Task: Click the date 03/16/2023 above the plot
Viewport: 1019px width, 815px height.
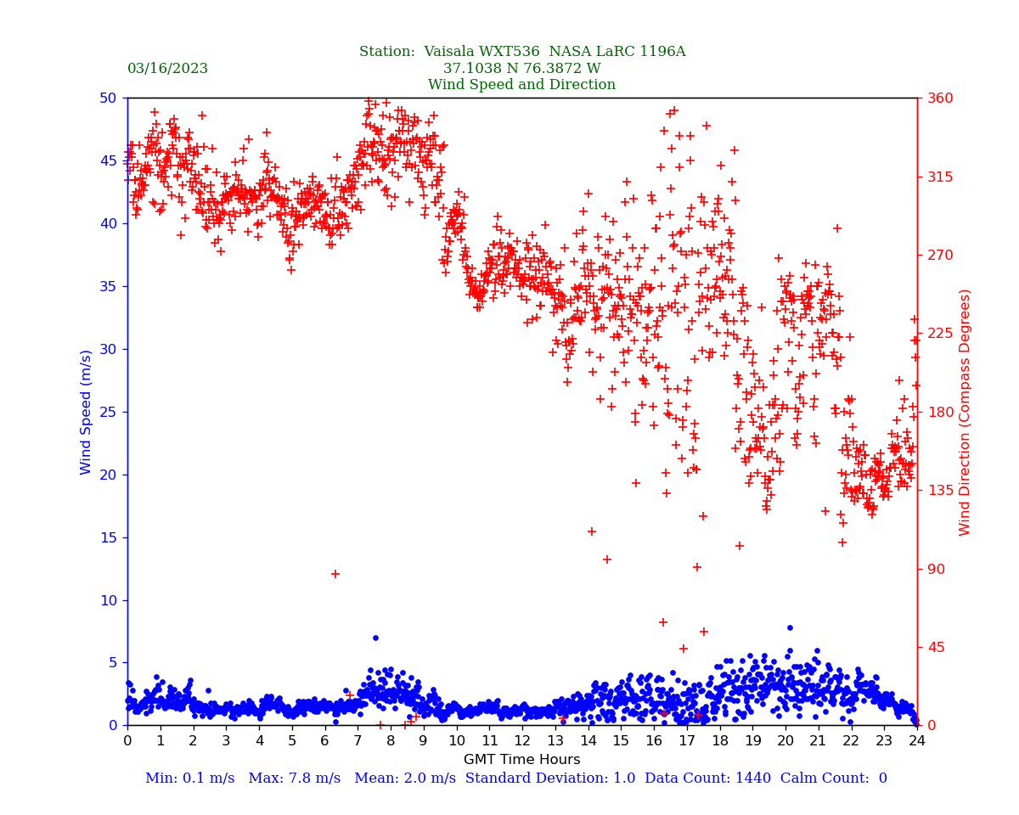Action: pyautogui.click(x=167, y=69)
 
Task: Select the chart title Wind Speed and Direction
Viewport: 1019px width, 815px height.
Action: pyautogui.click(x=521, y=85)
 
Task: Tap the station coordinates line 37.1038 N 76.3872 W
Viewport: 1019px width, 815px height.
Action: pyautogui.click(x=521, y=69)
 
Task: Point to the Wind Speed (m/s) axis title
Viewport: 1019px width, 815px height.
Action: pyautogui.click(x=86, y=412)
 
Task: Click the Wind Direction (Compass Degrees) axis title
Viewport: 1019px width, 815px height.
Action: pyautogui.click(x=965, y=412)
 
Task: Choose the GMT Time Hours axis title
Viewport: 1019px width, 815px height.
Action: pyautogui.click(x=521, y=760)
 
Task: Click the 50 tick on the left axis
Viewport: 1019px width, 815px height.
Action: pyautogui.click(x=109, y=98)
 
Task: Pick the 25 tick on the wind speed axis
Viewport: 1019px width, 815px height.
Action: pyautogui.click(x=109, y=412)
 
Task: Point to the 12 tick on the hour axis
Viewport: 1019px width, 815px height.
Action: pyautogui.click(x=522, y=741)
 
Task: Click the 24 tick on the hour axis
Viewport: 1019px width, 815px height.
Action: pyautogui.click(x=917, y=741)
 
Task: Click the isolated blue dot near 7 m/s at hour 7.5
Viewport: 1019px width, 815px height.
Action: pyautogui.click(x=375, y=638)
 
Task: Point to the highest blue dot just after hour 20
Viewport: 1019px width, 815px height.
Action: pyautogui.click(x=790, y=628)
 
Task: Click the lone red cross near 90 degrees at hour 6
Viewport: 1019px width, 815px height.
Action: pyautogui.click(x=335, y=574)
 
